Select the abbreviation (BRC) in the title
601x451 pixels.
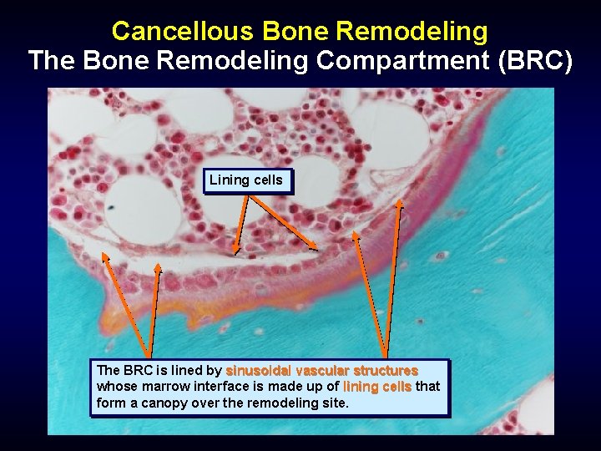click(533, 61)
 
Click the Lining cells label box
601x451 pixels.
click(246, 180)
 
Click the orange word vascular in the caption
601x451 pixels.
click(322, 370)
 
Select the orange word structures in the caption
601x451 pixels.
click(386, 370)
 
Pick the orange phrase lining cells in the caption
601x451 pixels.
click(376, 387)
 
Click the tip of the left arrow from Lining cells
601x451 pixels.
click(236, 252)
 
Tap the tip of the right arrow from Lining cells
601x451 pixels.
click(317, 248)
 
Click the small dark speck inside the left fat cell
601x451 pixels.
click(111, 205)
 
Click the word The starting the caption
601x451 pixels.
click(109, 370)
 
